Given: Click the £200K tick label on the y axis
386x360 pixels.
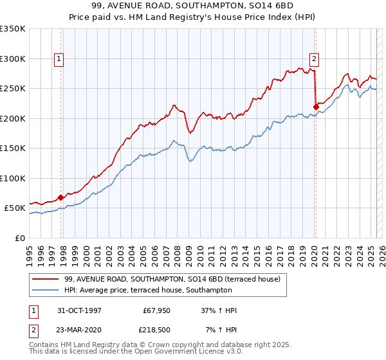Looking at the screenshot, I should (12, 118).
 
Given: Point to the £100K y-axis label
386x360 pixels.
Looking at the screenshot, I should (12, 178).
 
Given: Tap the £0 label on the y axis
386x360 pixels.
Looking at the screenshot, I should (19, 238).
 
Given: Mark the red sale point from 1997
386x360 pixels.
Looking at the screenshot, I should (61, 197).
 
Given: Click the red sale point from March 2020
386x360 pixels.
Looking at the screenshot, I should (316, 107).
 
